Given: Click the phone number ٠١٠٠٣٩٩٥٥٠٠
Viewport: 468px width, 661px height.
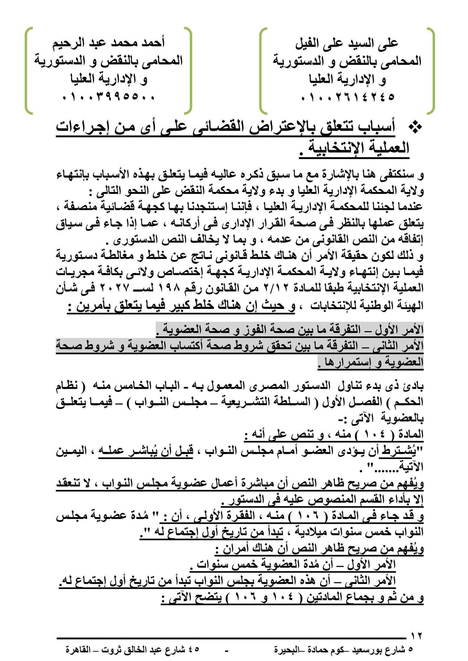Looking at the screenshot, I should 109,97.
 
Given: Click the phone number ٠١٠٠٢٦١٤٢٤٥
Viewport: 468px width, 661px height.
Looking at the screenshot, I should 348,97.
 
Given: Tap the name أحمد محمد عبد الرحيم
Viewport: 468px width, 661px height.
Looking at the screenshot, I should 109,43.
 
